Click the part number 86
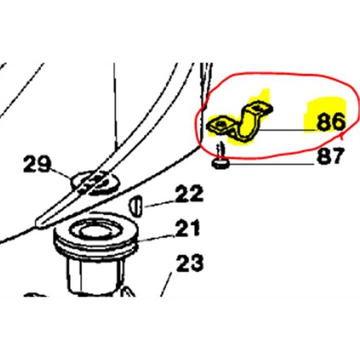click(331, 122)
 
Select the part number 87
click(330, 155)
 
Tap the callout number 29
click(37, 164)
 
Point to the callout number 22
click(189, 193)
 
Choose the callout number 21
click(188, 228)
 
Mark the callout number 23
click(189, 263)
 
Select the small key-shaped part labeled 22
click(136, 206)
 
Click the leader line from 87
click(272, 164)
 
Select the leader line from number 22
click(160, 204)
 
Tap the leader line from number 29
click(61, 174)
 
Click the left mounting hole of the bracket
click(220, 124)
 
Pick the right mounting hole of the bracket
click(258, 108)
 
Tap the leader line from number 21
click(157, 238)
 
